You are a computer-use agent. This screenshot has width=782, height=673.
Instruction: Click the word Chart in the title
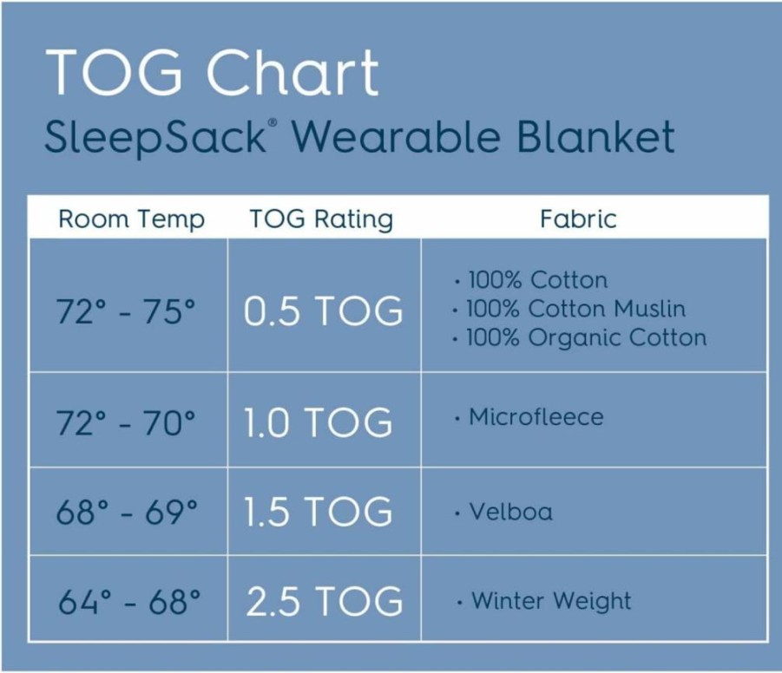pos(292,72)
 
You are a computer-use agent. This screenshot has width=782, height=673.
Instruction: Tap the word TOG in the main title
pos(115,72)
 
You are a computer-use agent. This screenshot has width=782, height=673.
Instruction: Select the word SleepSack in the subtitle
pos(155,137)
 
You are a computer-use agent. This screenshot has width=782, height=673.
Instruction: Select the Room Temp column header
pos(132,219)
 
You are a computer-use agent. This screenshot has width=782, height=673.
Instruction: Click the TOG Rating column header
pos(321,219)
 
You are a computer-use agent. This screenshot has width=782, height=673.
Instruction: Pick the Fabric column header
pos(579,219)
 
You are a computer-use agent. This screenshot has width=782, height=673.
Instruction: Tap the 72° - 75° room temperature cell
pos(126,311)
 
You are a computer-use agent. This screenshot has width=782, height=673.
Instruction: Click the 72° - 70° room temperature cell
pos(126,422)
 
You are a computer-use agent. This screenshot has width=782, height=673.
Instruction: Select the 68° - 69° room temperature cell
pos(127,512)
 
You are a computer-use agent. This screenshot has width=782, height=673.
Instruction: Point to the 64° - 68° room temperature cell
pos(129,601)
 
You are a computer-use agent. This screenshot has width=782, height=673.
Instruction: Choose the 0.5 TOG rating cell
pos(323,311)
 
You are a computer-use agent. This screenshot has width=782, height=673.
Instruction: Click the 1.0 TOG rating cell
pos(319,422)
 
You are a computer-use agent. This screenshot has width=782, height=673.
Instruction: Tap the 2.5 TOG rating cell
pos(325,601)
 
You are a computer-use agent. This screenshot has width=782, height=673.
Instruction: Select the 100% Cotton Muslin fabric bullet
pos(569,309)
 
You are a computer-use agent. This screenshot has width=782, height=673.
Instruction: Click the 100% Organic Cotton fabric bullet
pos(580,337)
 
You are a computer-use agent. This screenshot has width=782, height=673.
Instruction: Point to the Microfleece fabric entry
pos(529,417)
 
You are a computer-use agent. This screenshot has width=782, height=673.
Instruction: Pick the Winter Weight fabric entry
pos(544,601)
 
